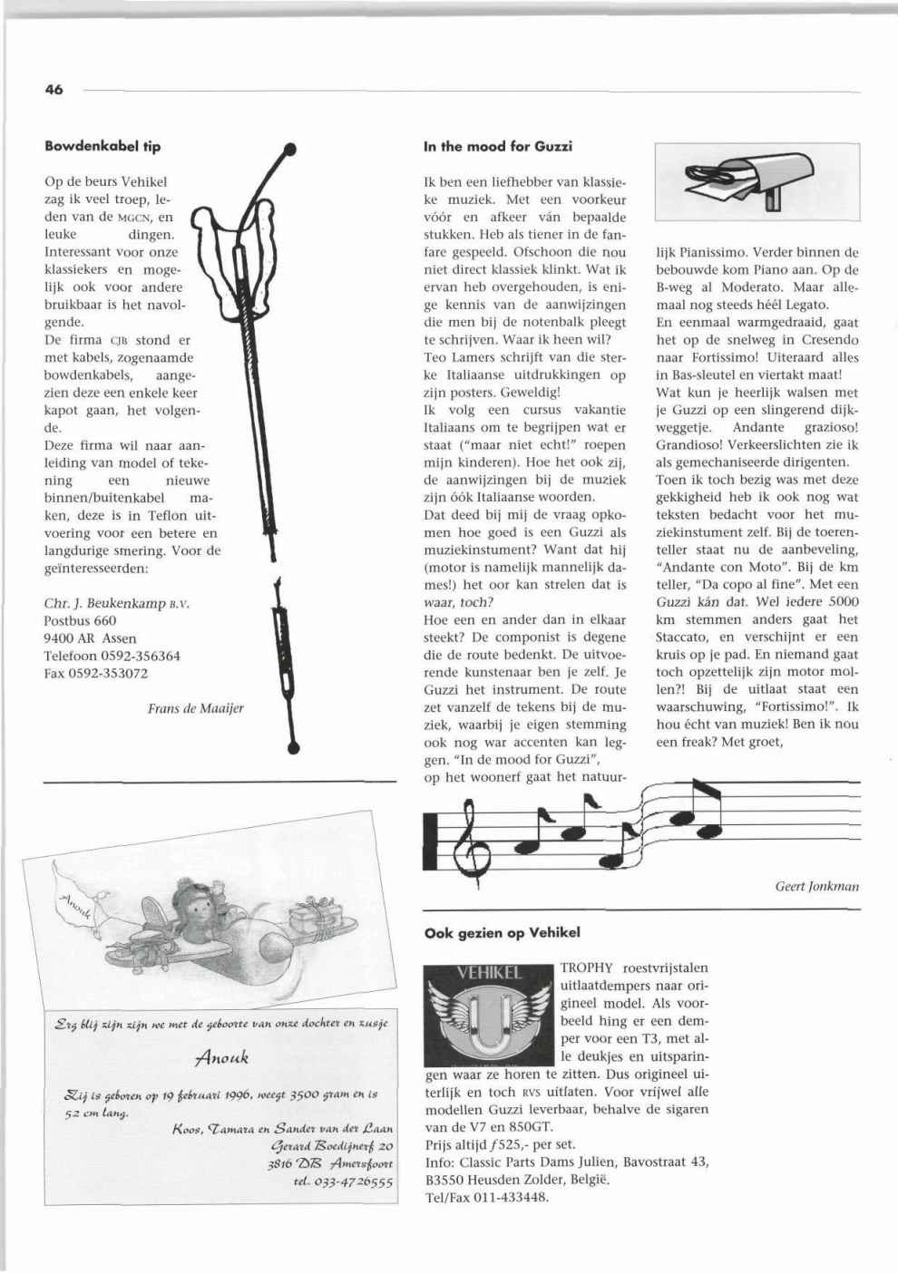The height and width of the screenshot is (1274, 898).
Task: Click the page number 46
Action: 54,90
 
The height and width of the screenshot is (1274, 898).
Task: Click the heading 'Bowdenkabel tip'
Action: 102,146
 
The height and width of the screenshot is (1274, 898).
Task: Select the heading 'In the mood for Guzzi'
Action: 498,146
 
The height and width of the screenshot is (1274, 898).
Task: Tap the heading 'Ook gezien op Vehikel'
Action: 502,932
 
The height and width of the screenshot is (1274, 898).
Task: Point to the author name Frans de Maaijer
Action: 195,708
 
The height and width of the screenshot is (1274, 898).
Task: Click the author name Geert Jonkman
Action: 816,886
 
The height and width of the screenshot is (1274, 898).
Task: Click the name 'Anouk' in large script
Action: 221,1056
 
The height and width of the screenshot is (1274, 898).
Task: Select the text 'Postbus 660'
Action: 80,620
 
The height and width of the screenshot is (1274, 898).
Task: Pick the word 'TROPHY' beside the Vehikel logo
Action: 587,968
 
